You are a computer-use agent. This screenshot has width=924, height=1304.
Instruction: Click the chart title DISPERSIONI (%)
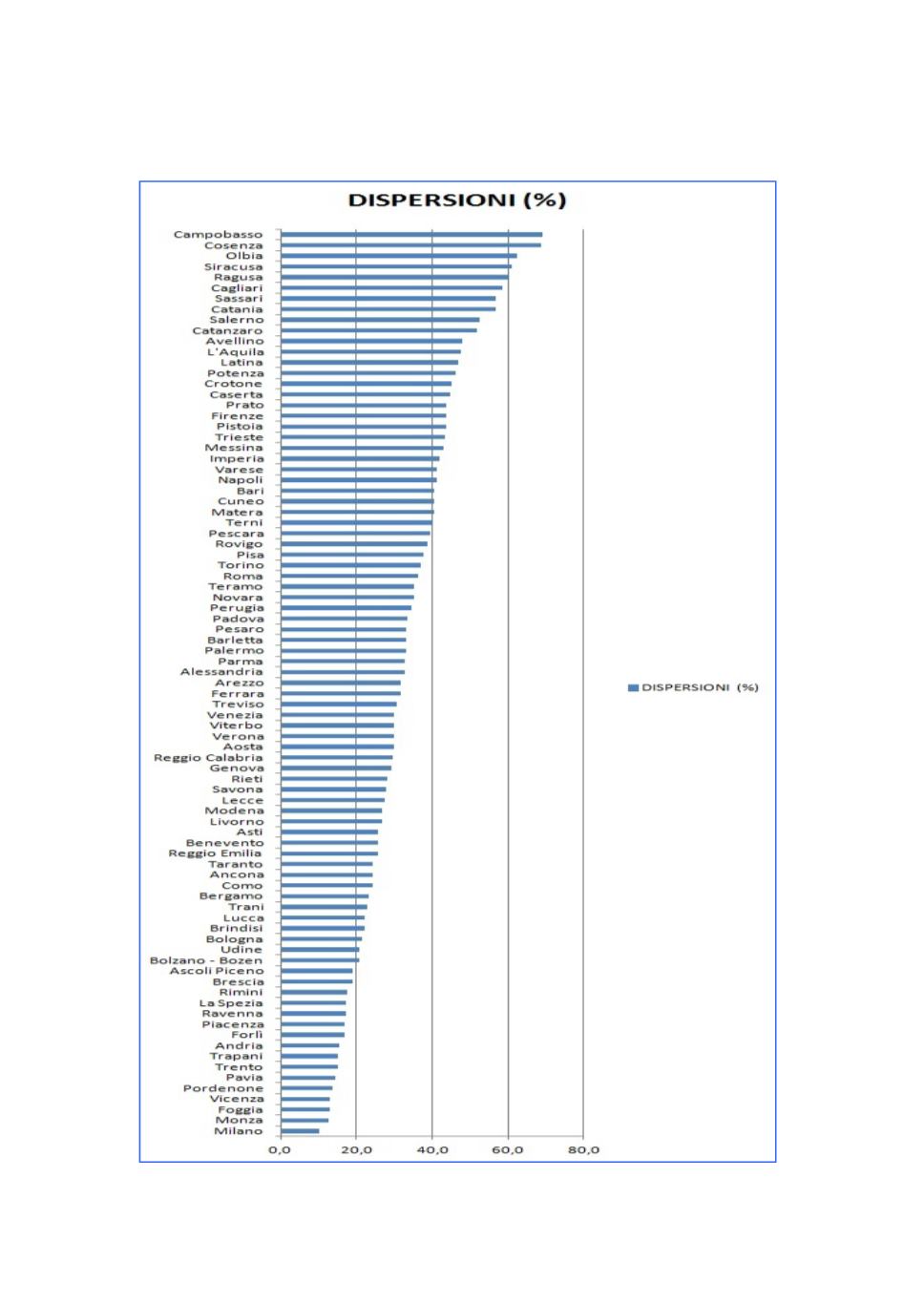456,200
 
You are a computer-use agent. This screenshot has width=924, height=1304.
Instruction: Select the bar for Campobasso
410,235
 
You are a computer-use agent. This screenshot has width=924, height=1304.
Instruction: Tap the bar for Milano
300,1131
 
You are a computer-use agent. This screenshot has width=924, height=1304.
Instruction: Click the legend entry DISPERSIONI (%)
699,687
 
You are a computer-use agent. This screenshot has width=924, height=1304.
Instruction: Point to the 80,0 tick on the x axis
583,1150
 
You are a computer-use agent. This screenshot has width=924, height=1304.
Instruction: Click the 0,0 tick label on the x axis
280,1150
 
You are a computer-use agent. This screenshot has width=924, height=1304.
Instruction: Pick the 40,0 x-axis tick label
432,1150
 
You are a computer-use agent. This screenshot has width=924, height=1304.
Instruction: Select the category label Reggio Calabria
208,758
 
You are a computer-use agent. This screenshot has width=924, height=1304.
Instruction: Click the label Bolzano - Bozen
206,960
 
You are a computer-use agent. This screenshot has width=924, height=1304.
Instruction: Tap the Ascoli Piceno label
217,971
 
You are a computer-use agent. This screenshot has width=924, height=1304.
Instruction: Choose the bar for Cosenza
410,245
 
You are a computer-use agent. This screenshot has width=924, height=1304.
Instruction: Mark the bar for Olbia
398,256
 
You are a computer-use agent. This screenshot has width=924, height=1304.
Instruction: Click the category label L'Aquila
236,352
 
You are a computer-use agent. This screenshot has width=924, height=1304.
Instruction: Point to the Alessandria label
221,672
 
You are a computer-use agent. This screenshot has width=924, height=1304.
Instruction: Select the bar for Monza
304,1121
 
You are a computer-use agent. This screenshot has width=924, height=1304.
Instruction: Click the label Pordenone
223,1088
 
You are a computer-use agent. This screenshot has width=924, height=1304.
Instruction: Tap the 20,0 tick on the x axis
356,1150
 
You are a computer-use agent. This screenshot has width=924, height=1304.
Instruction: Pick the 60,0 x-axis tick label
508,1150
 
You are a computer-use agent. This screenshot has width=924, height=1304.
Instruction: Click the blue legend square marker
633,687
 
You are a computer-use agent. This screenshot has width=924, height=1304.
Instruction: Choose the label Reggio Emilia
215,853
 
